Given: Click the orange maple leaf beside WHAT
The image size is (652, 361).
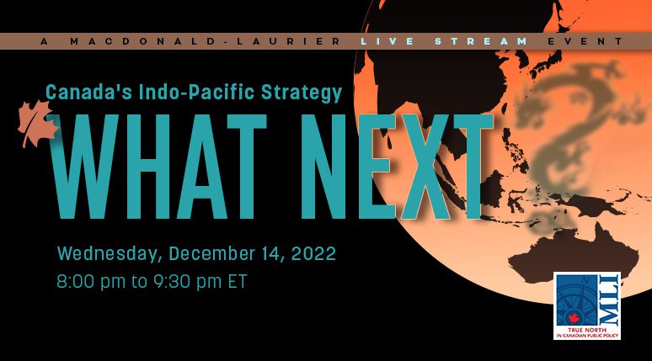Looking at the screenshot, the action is coord(36,124).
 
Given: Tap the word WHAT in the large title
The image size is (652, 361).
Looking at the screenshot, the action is coord(159,167).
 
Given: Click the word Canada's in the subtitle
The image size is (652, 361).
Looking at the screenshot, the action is coord(88,93).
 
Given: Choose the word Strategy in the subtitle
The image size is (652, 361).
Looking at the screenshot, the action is coord(302,93).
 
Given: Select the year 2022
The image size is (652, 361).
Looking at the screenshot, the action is coord(313,253).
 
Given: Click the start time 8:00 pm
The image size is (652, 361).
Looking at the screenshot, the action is coord(91,282).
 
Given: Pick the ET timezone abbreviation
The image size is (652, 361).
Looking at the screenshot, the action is coord(238,281).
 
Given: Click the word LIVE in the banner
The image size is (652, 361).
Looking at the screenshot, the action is coord(387,41).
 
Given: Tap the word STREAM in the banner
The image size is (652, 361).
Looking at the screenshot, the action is coord(482,41).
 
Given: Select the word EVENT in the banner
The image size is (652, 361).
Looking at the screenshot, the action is coord(585,41).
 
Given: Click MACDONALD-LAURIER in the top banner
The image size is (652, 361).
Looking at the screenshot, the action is coord(206,41).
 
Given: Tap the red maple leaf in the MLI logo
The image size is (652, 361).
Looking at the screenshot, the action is coord(575,319).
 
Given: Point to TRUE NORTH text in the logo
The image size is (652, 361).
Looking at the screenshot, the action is coord(587,330).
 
